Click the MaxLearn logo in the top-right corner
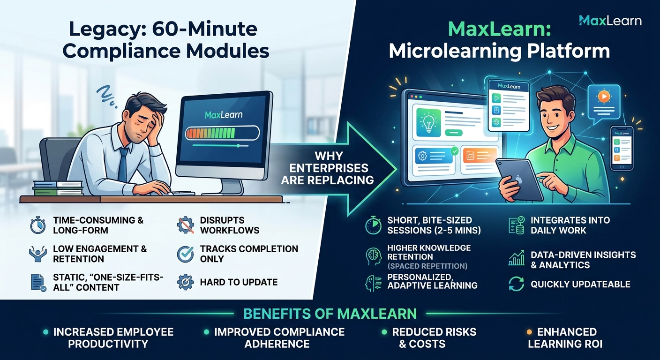(610, 21)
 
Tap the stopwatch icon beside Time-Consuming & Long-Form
(38, 225)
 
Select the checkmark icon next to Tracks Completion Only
(185, 254)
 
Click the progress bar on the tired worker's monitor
(223, 133)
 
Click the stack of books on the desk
(58, 188)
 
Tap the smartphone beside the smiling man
(622, 148)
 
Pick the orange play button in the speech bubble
(604, 97)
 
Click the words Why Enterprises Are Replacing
(327, 168)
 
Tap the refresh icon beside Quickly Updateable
(516, 284)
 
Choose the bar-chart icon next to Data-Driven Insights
(517, 258)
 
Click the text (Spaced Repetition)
(427, 266)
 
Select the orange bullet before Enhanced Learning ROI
(529, 332)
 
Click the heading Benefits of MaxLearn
(330, 314)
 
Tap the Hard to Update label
(239, 282)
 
